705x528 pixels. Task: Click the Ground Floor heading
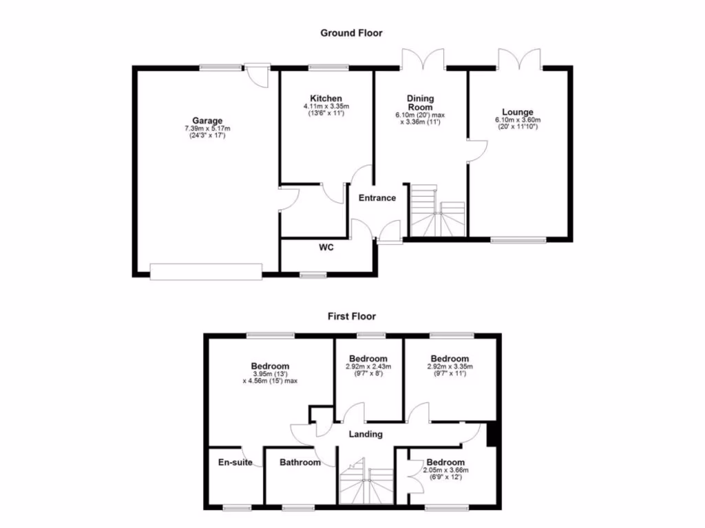(351, 32)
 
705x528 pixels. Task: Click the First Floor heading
(351, 316)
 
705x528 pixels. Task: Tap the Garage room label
(207, 121)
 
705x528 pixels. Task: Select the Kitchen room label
(326, 98)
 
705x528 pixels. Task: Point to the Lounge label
(518, 112)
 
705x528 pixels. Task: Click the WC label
(326, 247)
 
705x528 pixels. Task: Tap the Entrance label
(377, 198)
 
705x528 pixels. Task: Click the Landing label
(366, 434)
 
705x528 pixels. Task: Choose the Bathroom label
(299, 463)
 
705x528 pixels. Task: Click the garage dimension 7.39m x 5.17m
(207, 129)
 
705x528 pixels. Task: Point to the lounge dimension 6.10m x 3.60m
(518, 120)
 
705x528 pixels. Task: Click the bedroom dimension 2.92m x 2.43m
(368, 366)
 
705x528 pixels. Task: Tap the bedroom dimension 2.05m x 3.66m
(445, 470)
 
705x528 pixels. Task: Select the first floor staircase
(366, 482)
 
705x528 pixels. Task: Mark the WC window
(313, 275)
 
